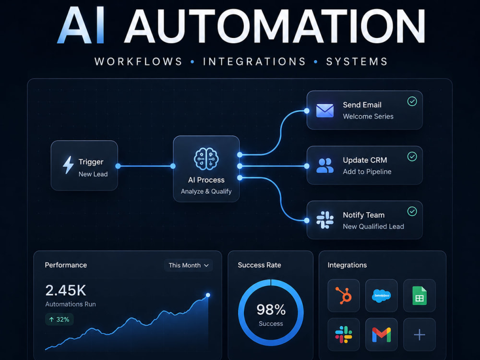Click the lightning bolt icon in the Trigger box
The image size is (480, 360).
pos(68,165)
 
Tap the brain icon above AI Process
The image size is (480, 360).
pos(206,159)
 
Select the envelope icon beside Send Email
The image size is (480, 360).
pos(325,111)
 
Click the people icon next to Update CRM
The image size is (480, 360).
pos(325,166)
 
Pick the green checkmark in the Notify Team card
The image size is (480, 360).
pos(412,211)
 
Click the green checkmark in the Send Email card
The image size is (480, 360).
pos(412,101)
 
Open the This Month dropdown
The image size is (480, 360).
pos(189,265)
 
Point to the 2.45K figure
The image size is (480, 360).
pos(66,290)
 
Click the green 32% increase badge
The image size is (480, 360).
pos(60,319)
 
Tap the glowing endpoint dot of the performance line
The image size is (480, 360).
pos(208,295)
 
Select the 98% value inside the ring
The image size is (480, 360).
pos(271,310)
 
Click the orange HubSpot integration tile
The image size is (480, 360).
pos(344,295)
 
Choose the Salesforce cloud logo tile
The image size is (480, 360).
pos(382,295)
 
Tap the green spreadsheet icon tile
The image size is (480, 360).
pos(420,295)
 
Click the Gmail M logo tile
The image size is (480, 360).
pos(382,334)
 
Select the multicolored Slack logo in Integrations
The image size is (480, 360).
pos(344,334)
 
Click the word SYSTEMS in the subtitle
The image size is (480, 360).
pos(357,61)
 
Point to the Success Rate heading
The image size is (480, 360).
pos(259,265)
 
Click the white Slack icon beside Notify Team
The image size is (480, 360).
pos(325,220)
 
